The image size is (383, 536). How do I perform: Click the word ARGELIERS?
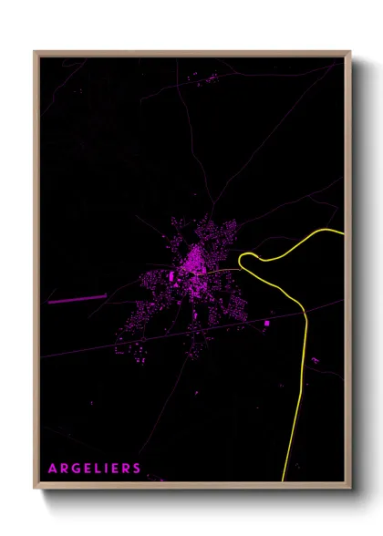[95, 469]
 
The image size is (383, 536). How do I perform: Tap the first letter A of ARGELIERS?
[52, 469]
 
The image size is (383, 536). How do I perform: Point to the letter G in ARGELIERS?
[74, 469]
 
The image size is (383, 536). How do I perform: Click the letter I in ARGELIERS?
[106, 469]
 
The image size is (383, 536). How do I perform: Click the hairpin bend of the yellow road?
[242, 262]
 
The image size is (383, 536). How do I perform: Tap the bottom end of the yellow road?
[284, 479]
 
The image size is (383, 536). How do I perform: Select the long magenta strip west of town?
[77, 298]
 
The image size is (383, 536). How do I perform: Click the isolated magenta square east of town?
[267, 323]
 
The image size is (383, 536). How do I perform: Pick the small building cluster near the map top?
[208, 79]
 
